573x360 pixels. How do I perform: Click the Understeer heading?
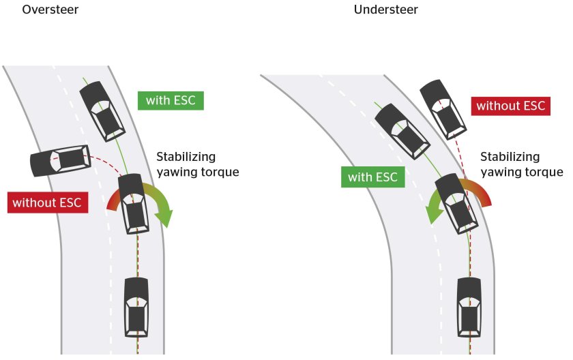[385, 10]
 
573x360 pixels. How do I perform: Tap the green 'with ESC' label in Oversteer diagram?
[171, 100]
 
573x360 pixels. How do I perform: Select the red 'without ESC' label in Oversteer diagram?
[47, 202]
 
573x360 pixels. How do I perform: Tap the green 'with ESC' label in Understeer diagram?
[372, 178]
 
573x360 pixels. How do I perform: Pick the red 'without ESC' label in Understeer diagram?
[510, 106]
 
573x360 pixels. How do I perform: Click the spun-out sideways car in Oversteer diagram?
[60, 160]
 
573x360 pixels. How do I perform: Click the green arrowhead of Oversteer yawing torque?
[164, 218]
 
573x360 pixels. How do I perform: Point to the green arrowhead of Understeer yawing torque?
[431, 215]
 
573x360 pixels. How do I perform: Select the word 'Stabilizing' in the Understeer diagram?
[510, 157]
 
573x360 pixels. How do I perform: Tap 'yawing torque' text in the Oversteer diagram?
[198, 172]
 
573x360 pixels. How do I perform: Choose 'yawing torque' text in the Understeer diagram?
[522, 172]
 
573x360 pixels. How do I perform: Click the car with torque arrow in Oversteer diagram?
[136, 203]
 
